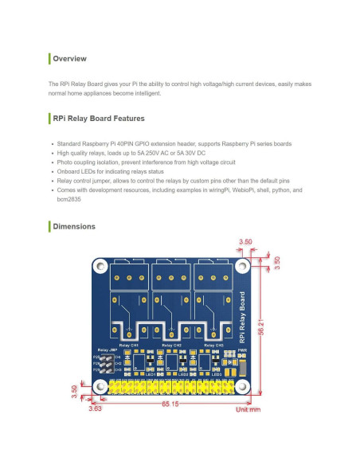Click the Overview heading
coord(69,59)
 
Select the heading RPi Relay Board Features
coord(98,119)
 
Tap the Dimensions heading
coord(73,227)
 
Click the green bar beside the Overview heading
coord(49,59)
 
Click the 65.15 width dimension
coord(170,405)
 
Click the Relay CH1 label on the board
coord(128,345)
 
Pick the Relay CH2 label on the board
coord(172,345)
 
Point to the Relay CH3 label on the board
coord(213,345)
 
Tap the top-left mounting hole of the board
coord(102,267)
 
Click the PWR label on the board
coord(242,348)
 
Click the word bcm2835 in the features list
coord(68,199)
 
